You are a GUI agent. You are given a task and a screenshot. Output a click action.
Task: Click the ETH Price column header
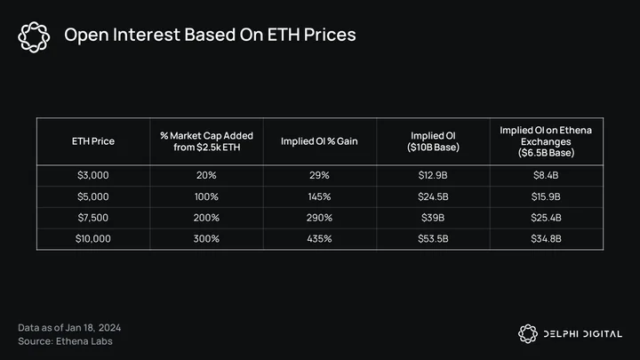93,141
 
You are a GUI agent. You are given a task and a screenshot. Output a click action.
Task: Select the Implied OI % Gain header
319,141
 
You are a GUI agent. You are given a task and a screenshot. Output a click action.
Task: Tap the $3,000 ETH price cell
93,175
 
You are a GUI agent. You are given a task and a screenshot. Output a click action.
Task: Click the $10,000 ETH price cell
93,239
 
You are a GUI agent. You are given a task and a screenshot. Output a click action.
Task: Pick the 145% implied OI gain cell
319,196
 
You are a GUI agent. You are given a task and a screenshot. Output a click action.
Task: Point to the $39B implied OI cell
433,218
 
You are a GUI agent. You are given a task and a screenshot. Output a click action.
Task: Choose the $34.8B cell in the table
546,239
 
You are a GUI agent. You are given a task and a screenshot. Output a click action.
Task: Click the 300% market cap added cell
206,239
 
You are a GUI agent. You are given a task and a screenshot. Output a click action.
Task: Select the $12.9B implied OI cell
433,175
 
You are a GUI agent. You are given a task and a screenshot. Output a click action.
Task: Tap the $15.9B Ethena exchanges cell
546,196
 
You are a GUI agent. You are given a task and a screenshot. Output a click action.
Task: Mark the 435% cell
319,239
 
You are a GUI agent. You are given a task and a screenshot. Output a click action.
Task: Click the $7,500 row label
93,218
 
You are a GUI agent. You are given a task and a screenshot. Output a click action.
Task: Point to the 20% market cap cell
206,175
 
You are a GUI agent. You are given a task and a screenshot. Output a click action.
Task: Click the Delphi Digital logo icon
528,334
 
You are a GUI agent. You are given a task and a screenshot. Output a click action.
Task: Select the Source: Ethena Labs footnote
65,341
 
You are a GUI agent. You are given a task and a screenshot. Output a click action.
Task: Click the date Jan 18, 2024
93,328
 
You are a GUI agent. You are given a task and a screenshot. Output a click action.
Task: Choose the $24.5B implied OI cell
433,196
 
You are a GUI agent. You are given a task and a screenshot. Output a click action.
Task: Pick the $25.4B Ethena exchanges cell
546,218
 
